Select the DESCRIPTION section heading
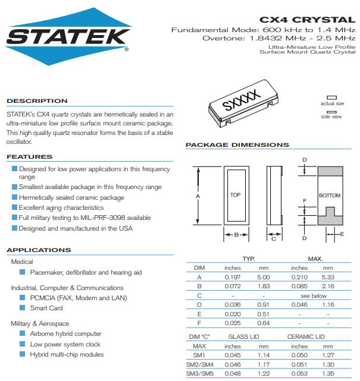pos(37,101)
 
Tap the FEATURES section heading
pos(29,157)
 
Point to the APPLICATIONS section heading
pos(39,250)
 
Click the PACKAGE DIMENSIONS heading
pos(237,145)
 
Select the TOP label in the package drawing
pos(235,195)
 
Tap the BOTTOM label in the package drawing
pos(329,196)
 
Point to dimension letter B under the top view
pos(236,235)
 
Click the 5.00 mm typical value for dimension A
pos(264,277)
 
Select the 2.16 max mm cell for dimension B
pos(328,286)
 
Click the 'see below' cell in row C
pos(314,295)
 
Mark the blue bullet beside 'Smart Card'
pos(23,308)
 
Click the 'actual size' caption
pos(332,104)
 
